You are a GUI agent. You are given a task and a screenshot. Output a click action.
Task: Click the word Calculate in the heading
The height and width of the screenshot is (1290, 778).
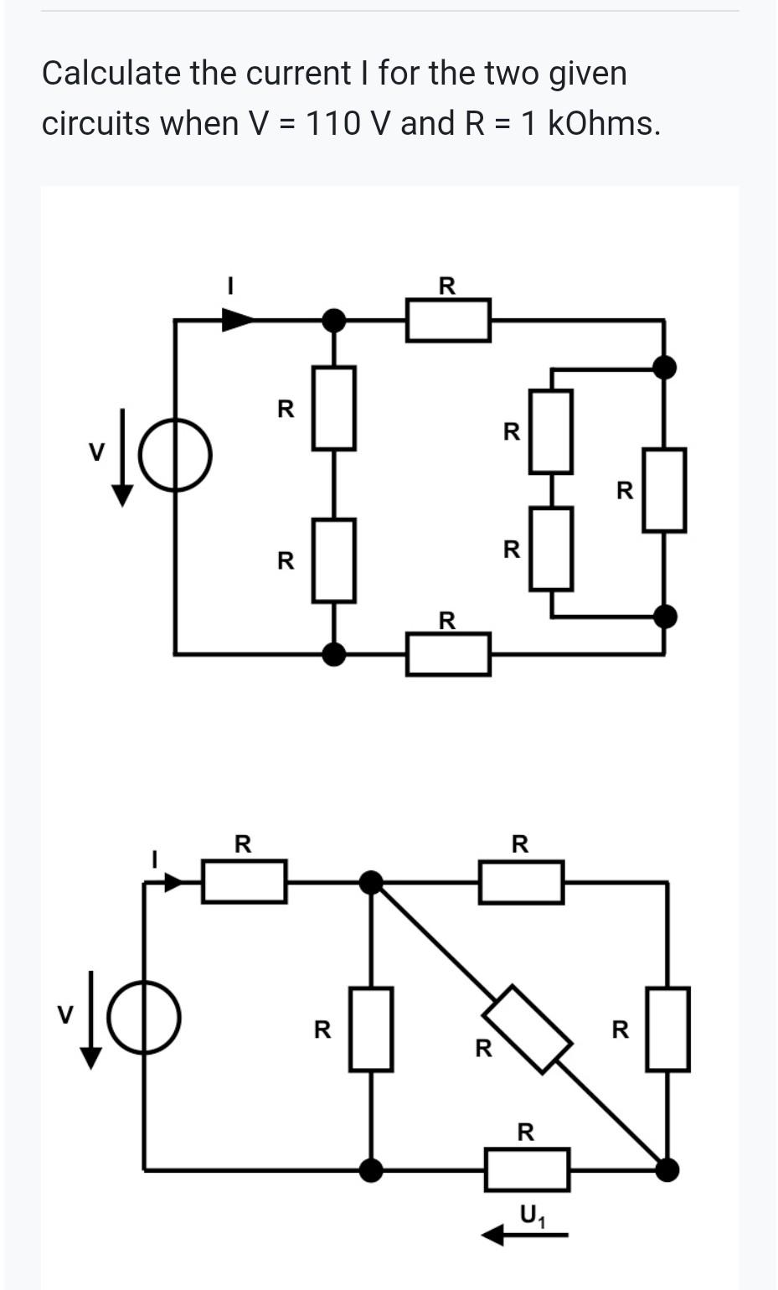111,74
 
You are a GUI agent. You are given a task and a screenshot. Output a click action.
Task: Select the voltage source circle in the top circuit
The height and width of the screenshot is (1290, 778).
175,455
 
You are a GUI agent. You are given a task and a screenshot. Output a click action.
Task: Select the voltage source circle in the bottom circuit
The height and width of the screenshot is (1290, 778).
144,1017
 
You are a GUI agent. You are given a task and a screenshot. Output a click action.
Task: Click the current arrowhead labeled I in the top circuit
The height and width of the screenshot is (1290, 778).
238,318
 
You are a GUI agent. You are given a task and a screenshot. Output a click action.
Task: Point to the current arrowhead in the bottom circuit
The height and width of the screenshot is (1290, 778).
174,882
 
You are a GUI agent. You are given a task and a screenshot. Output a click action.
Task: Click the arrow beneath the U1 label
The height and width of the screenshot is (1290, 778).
526,1234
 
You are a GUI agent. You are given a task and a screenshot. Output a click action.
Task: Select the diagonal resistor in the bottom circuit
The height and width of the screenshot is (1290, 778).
529,1029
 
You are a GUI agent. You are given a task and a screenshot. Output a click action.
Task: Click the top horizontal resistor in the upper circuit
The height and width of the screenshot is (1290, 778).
448,320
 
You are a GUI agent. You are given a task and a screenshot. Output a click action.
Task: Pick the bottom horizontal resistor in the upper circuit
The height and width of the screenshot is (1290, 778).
448,654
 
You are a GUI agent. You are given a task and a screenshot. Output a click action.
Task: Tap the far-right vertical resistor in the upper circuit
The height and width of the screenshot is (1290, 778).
664,490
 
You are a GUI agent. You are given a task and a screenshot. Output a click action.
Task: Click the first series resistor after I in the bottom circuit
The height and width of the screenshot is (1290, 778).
244,881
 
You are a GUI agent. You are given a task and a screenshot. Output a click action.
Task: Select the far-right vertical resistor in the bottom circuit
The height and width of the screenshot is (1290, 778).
667,1029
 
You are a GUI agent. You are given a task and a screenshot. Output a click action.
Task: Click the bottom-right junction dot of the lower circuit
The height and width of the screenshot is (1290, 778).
667,1169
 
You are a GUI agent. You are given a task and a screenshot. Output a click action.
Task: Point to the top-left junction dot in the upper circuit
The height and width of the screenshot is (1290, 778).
334,319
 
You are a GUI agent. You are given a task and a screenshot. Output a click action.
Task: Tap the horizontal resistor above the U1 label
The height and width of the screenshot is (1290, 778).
527,1169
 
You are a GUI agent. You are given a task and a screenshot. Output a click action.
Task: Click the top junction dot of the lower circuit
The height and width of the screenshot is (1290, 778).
371,882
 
